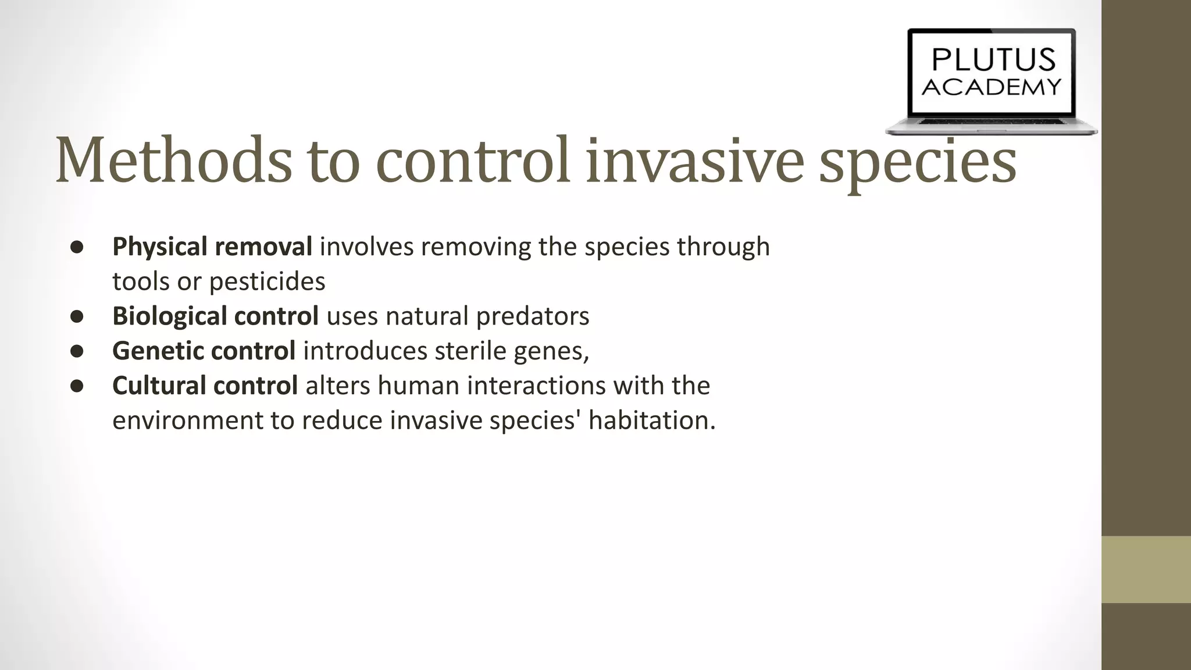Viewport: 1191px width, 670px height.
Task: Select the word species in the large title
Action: (917, 163)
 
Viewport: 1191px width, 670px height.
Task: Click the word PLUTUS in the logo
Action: (992, 60)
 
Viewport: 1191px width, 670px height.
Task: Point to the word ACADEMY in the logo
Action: (992, 87)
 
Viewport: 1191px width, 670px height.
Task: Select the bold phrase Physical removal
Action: (212, 247)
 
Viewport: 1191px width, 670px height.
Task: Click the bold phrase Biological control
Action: (215, 316)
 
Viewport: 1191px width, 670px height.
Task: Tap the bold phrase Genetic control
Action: (204, 351)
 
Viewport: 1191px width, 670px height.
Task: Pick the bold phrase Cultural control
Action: (205, 386)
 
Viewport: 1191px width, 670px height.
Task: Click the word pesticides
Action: (267, 281)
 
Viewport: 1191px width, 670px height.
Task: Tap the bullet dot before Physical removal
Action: (77, 247)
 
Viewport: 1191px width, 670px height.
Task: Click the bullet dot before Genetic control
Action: (77, 351)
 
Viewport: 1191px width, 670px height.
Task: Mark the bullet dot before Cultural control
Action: (77, 386)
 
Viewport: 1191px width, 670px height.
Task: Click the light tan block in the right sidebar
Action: (1146, 569)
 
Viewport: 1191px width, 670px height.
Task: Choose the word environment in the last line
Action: (187, 420)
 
